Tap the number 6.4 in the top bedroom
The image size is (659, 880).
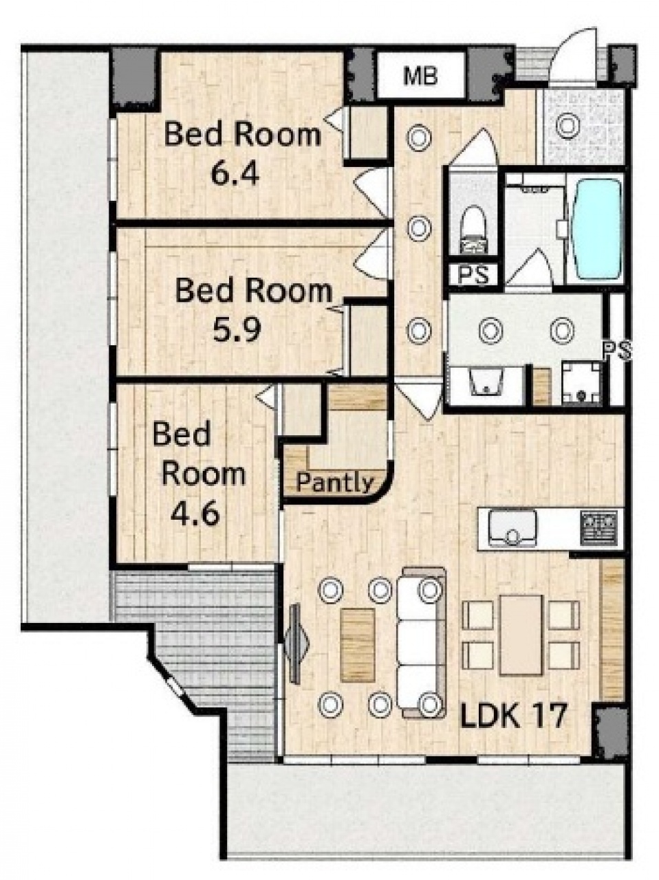(235, 175)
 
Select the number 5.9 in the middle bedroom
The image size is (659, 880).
(237, 329)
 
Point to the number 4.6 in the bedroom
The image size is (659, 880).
(195, 514)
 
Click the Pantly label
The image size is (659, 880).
(334, 483)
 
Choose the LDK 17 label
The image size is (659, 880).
(513, 716)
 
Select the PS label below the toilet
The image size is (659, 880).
(474, 275)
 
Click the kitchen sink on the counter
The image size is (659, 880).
(512, 527)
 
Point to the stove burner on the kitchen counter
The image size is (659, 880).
(599, 527)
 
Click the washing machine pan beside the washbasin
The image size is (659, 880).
(581, 382)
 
